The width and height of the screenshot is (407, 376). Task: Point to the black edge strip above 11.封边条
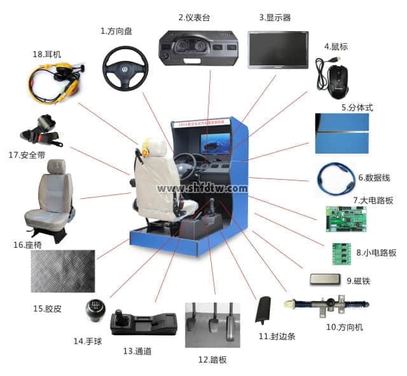click(x=264, y=311)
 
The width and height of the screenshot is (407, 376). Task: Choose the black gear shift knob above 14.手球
click(x=93, y=312)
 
